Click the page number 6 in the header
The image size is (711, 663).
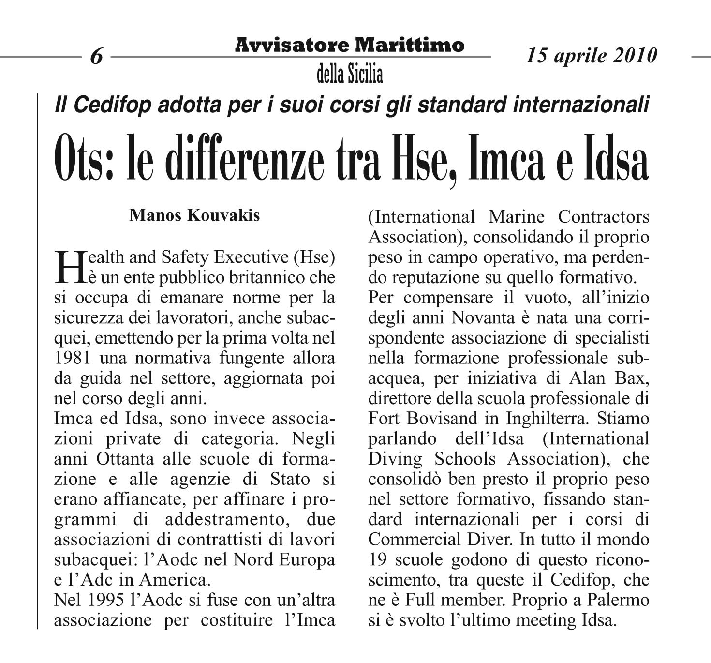click(x=97, y=57)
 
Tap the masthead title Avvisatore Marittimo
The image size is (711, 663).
click(x=350, y=45)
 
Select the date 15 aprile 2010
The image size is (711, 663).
click(x=592, y=55)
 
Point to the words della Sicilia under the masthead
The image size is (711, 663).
click(x=350, y=74)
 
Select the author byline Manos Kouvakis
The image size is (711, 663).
click(x=194, y=215)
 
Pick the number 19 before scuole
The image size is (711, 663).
click(x=378, y=559)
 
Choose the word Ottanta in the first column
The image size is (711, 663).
click(x=120, y=458)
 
